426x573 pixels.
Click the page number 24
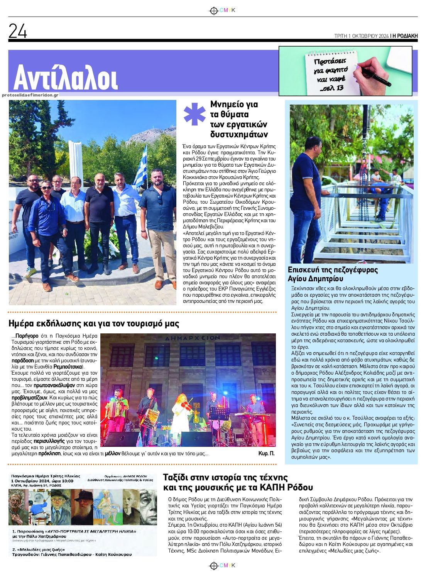[18, 31]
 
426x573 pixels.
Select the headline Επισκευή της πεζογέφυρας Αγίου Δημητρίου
[333, 274]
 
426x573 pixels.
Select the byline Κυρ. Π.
[266, 453]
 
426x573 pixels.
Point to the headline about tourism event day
[94, 323]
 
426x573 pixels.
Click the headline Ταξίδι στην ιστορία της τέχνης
[238, 482]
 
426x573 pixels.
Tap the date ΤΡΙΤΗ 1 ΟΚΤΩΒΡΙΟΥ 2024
[361, 36]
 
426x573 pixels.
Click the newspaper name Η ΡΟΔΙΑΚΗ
[405, 36]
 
